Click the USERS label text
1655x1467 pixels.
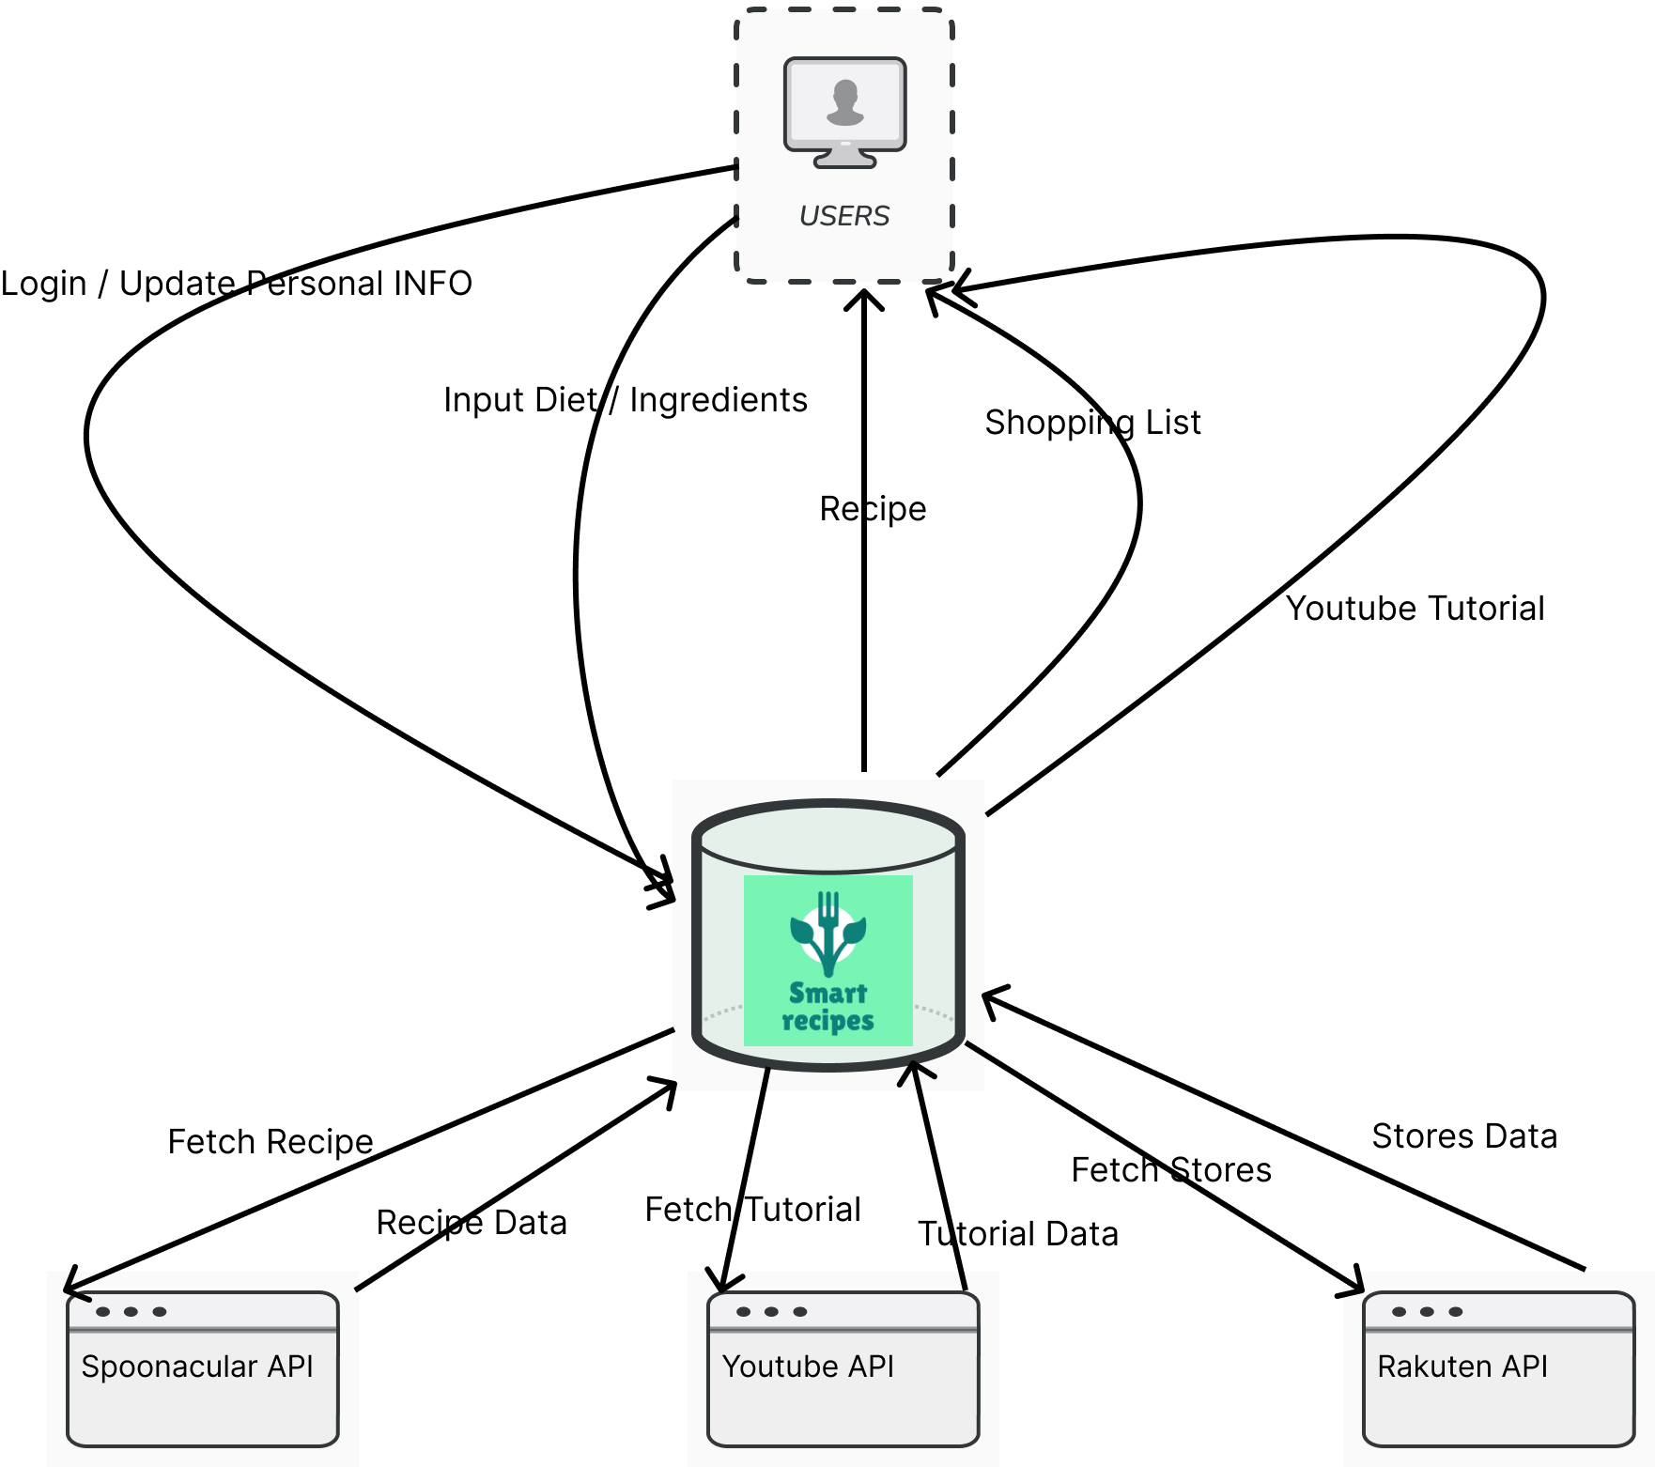click(843, 216)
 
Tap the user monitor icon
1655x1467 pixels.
click(844, 112)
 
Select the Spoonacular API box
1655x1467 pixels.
click(202, 1368)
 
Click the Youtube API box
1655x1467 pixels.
click(843, 1368)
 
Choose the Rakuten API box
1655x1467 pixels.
click(1498, 1368)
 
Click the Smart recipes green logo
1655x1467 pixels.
click(827, 960)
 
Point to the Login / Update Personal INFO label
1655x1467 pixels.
click(236, 283)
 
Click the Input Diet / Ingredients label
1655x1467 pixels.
click(625, 399)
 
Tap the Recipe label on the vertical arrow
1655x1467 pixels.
click(873, 508)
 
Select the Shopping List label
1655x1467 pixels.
click(1092, 422)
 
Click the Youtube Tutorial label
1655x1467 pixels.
click(1415, 608)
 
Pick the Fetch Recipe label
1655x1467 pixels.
click(271, 1141)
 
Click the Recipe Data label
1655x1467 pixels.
click(472, 1222)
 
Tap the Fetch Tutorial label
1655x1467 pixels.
click(752, 1209)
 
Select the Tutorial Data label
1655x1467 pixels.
click(1018, 1233)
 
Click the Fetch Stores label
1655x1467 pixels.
click(1171, 1169)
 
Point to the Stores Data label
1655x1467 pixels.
click(1464, 1135)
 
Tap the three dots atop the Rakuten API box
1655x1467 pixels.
click(1427, 1311)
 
